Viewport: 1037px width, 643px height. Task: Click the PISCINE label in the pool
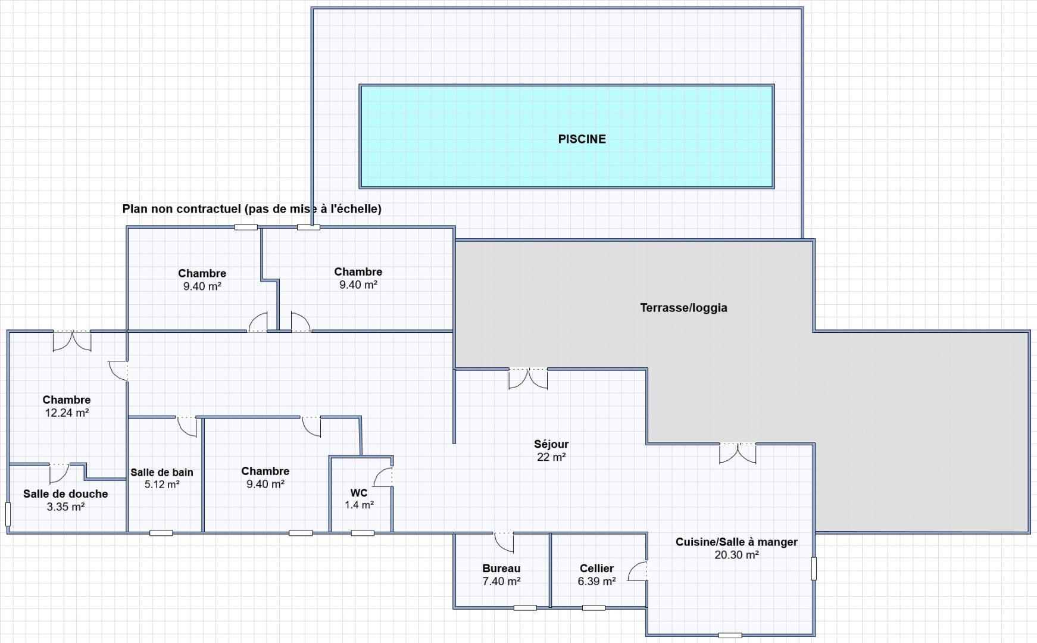(x=582, y=139)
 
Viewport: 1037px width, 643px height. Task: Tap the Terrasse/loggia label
(x=683, y=308)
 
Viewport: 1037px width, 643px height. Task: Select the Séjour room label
(x=551, y=444)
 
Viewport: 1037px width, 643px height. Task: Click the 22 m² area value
(x=551, y=457)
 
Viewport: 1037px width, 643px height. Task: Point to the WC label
(x=359, y=493)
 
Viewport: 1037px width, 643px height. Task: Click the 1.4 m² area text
(x=359, y=505)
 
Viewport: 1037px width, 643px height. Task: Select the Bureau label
(x=501, y=569)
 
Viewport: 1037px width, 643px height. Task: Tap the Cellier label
(x=596, y=569)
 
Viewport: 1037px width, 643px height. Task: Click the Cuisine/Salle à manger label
(x=736, y=542)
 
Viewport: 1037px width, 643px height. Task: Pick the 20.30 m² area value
(x=736, y=555)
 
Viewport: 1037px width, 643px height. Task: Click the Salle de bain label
(x=162, y=472)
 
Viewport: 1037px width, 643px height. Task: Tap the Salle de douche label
(x=65, y=494)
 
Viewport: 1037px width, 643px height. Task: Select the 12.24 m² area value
(x=67, y=413)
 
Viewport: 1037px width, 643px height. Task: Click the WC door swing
(x=383, y=477)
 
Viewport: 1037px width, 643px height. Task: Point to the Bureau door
(x=504, y=542)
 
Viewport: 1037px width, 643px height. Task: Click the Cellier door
(x=638, y=572)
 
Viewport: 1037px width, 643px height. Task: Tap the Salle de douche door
(x=59, y=473)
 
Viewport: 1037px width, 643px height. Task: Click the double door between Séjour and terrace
(x=528, y=379)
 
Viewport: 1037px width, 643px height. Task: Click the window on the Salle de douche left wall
(x=8, y=514)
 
